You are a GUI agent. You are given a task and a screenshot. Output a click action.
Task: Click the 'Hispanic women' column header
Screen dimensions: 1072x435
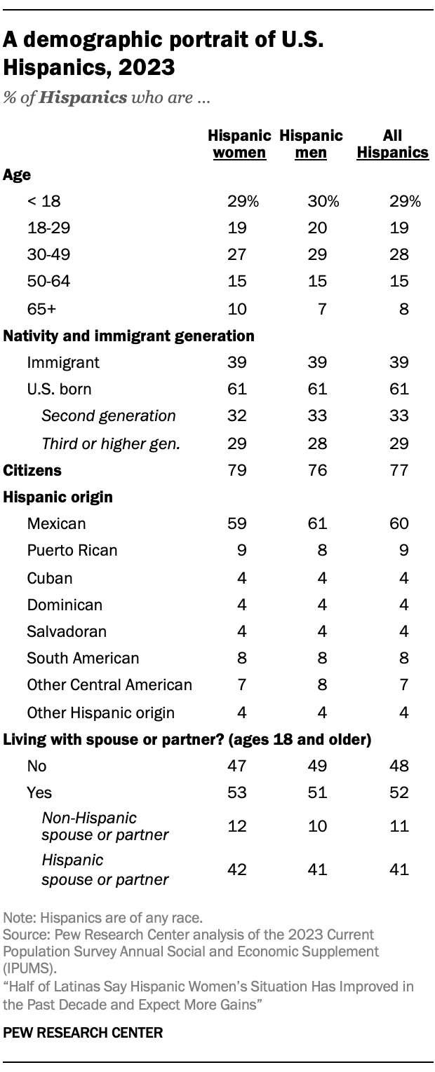(239, 144)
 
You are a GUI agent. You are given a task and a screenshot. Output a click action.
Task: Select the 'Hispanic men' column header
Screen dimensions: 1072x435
(311, 144)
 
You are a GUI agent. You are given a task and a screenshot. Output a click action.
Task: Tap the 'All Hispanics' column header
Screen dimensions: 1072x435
(392, 144)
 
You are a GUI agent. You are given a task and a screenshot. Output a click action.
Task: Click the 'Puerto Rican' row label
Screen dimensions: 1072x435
(72, 551)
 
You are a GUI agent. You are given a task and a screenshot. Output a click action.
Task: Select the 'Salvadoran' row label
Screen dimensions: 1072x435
(67, 631)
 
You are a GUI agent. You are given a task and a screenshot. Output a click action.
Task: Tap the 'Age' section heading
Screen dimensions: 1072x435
(17, 174)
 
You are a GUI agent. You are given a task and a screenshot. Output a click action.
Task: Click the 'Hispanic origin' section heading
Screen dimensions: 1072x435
(48, 497)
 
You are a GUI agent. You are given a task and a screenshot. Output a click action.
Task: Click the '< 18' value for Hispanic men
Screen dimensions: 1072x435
(323, 202)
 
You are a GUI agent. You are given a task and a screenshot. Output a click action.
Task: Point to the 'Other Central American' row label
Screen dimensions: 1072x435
(109, 685)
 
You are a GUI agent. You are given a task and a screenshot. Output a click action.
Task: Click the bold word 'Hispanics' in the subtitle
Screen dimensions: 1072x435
(83, 97)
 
